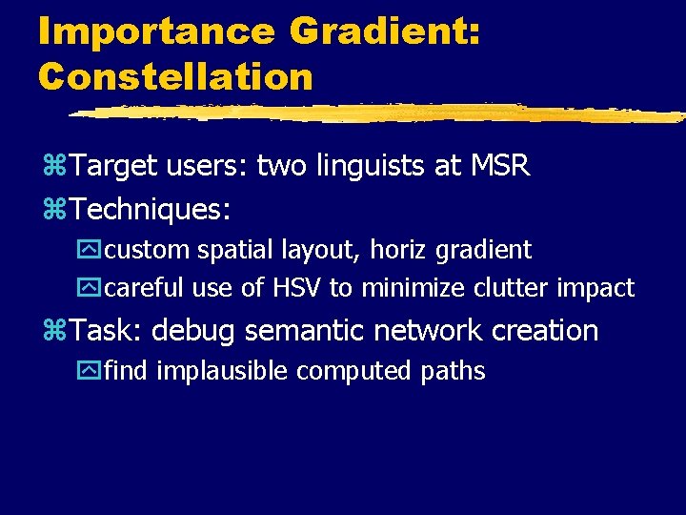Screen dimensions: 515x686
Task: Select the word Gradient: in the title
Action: [x=385, y=31]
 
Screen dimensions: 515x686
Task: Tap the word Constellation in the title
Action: [x=175, y=76]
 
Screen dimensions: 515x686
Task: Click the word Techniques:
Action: [x=151, y=208]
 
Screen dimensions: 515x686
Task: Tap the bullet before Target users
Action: [x=54, y=168]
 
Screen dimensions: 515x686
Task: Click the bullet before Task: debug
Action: [x=54, y=332]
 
